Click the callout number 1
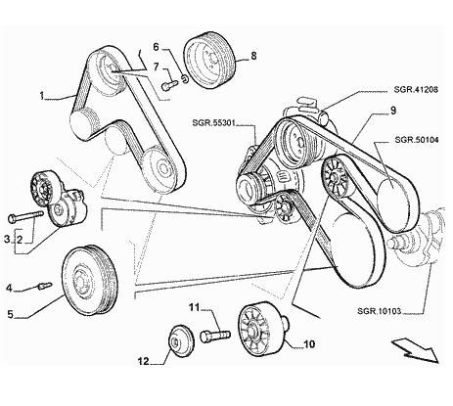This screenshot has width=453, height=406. [x=42, y=96]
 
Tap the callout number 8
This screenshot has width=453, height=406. [x=253, y=56]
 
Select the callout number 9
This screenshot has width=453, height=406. [x=393, y=111]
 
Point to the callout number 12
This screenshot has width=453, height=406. [x=143, y=361]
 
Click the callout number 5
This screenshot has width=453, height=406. [x=11, y=314]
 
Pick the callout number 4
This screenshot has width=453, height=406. [x=10, y=288]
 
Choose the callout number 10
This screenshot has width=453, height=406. [x=309, y=344]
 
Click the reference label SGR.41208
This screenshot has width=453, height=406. [x=416, y=89]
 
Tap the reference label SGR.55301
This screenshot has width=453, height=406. [x=213, y=123]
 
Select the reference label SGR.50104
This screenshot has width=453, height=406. [x=417, y=140]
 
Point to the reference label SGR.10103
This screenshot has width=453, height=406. [x=379, y=311]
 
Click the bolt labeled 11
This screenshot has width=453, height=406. [x=215, y=336]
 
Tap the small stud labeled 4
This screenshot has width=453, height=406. [x=45, y=286]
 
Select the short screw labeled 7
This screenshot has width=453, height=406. [x=169, y=85]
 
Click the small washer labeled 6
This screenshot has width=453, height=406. [x=184, y=78]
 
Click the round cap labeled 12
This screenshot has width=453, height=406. [x=180, y=341]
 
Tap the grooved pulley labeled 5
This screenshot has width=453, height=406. [x=89, y=281]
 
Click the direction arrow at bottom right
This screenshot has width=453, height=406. [x=415, y=349]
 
